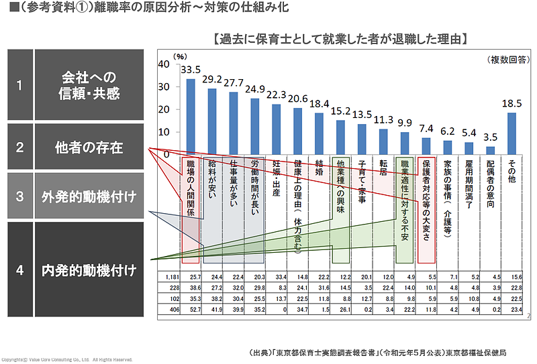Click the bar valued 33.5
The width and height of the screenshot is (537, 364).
click(191, 116)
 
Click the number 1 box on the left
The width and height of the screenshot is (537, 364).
click(19, 85)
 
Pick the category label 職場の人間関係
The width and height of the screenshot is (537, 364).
click(191, 188)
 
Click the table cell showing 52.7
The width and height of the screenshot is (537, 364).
click(195, 309)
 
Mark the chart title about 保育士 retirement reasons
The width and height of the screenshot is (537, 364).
click(338, 39)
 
